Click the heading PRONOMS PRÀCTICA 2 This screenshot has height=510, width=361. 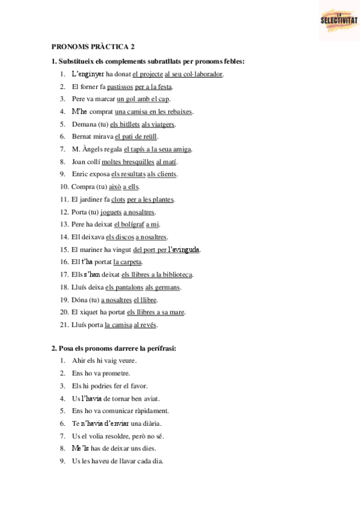tap(93, 46)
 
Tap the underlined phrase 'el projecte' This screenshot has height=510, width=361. tap(147, 74)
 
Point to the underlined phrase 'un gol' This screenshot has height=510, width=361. tap(126, 99)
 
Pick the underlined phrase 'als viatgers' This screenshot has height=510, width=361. tap(158, 124)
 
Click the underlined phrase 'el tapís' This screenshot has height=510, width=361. tap(135, 149)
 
